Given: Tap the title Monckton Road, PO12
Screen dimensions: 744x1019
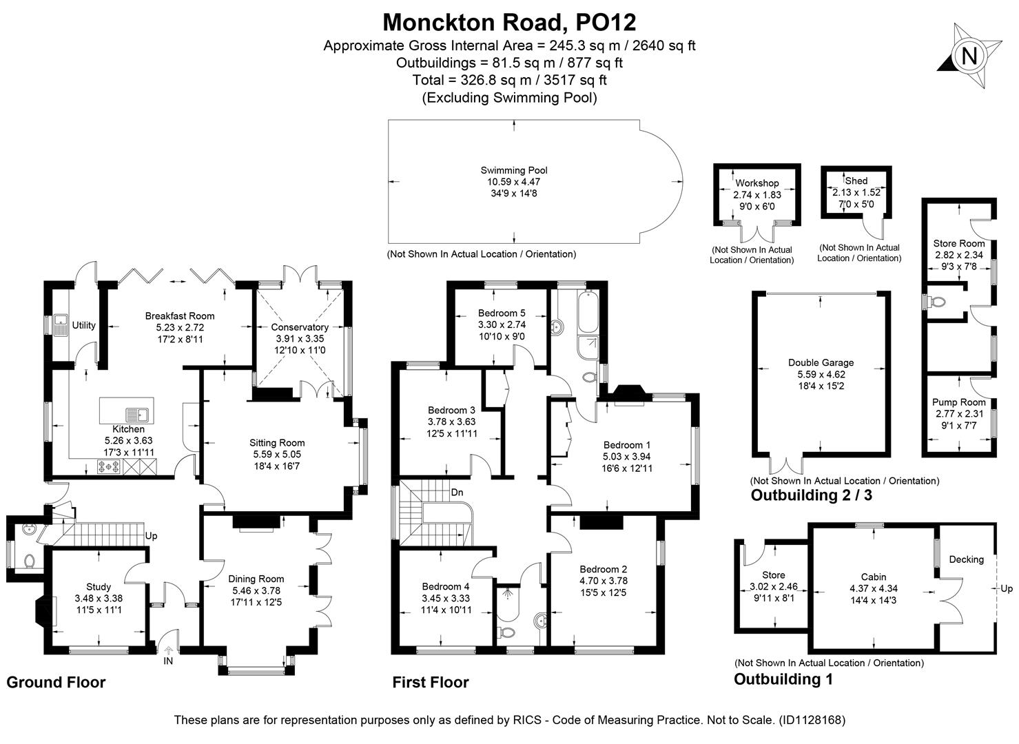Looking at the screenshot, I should point(509,22).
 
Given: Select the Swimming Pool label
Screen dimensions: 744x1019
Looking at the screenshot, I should point(513,170).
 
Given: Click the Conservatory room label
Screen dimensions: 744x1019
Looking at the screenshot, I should point(299,327).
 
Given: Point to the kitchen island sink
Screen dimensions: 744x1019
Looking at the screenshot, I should point(136,415).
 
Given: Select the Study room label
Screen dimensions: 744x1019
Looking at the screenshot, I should point(99,587).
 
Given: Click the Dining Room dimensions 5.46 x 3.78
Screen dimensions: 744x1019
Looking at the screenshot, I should point(256,590).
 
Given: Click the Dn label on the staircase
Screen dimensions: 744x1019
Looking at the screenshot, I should point(457,493).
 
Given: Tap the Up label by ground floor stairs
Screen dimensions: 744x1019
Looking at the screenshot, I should point(152,535).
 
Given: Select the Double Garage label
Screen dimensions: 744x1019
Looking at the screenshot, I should point(821,362).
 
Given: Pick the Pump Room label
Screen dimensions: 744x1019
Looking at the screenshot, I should point(958,402).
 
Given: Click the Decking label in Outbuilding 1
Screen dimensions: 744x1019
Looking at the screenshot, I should point(966,559).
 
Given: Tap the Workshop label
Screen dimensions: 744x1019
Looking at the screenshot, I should point(756,183).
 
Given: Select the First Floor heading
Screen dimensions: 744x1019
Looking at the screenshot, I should point(430,683).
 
